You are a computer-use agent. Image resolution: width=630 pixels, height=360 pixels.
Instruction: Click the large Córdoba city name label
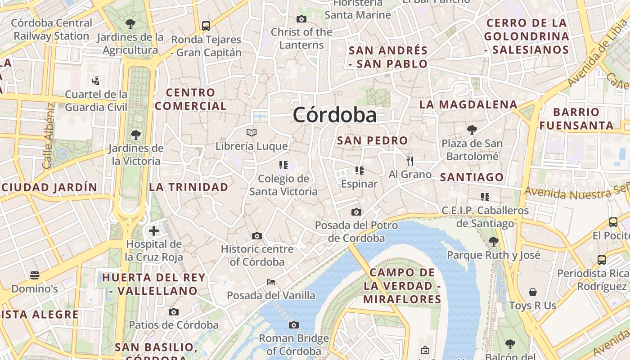[x=334, y=115]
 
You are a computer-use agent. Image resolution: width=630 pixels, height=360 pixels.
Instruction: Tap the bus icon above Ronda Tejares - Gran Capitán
[x=206, y=26]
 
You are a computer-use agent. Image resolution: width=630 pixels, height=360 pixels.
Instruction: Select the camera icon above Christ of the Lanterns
[x=301, y=19]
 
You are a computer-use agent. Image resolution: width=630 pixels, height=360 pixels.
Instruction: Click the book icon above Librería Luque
[x=252, y=132]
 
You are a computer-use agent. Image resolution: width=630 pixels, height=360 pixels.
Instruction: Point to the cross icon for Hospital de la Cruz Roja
[x=154, y=231]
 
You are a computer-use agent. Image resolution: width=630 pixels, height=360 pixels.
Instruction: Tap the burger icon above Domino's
[x=35, y=275]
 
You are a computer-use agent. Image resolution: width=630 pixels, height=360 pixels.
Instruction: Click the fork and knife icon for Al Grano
[x=410, y=161]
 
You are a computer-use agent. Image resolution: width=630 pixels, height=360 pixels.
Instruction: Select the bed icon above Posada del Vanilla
[x=271, y=282]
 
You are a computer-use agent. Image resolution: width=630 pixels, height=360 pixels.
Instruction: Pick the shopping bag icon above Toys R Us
[x=533, y=292]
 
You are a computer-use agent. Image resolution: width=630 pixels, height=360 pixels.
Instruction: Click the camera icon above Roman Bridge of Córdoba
[x=294, y=325]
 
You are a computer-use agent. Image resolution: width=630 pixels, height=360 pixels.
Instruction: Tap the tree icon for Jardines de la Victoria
[x=135, y=135]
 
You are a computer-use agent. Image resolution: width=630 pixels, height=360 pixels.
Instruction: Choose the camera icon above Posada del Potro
[x=356, y=212]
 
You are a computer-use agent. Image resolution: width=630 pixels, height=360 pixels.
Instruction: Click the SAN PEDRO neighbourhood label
[x=372, y=140]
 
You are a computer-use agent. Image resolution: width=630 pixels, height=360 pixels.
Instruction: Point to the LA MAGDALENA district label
[x=468, y=105]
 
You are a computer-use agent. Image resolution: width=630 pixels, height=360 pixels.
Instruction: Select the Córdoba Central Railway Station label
[x=51, y=29]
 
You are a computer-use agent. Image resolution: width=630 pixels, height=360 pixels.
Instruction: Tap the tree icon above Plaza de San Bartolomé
[x=472, y=130]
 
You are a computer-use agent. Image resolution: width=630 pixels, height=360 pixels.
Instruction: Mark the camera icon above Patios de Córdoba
[x=174, y=312]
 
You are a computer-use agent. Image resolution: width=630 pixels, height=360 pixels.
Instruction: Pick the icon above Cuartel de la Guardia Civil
[x=95, y=81]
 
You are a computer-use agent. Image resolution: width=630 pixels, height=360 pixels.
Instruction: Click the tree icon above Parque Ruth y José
[x=494, y=242]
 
